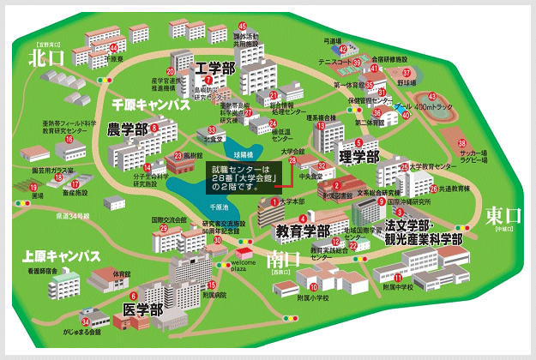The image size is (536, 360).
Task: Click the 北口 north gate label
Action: click(47, 58)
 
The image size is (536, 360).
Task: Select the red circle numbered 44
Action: click(113, 48)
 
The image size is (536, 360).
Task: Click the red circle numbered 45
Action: click(243, 27)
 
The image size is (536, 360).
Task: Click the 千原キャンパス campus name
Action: click(150, 104)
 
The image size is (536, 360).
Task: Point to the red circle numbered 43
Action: click(432, 96)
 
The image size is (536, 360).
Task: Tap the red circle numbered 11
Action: click(398, 278)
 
